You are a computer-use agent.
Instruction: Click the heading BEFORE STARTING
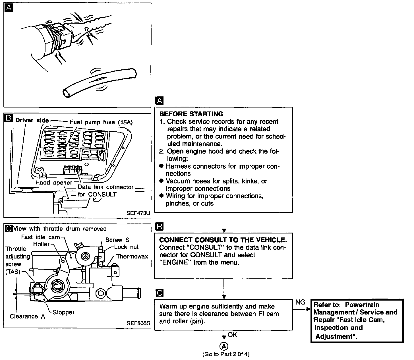[191, 114]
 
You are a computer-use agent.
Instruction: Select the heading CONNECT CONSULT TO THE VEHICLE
[223, 240]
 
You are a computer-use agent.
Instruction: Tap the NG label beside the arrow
[300, 302]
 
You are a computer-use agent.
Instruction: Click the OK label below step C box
[232, 335]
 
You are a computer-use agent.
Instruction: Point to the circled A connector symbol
[224, 346]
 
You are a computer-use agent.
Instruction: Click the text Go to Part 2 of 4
[226, 354]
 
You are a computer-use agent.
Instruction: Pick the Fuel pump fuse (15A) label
[101, 122]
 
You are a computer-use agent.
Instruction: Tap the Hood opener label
[54, 183]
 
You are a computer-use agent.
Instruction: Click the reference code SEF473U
[138, 213]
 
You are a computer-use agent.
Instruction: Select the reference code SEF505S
[138, 323]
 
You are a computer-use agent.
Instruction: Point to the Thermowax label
[132, 256]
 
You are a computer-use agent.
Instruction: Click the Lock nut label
[127, 247]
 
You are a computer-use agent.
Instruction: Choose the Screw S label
[117, 240]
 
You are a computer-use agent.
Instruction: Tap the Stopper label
[63, 312]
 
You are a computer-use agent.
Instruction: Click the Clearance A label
[27, 316]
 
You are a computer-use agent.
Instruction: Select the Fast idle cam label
[41, 237]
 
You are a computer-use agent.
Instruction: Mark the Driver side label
[32, 120]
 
